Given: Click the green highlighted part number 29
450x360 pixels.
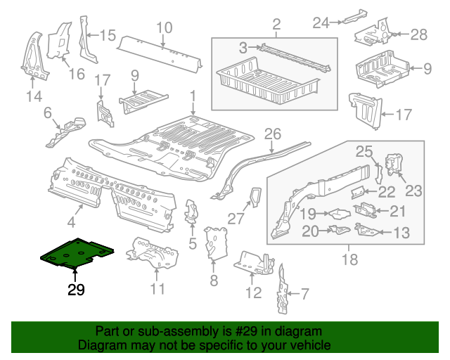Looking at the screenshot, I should coord(77,255).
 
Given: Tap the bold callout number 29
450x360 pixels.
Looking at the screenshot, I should coord(77,290).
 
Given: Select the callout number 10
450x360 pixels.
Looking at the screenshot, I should coord(163,27).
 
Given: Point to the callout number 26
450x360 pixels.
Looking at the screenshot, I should coord(272,133).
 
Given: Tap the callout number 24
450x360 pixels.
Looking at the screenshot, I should coord(321,23).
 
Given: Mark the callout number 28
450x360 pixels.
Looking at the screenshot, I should coord(418,34).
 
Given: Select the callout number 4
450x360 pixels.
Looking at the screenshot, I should coord(71,223).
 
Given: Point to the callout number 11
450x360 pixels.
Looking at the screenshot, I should coord(157,288).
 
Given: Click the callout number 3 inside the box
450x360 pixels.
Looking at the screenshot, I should coord(243,48).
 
